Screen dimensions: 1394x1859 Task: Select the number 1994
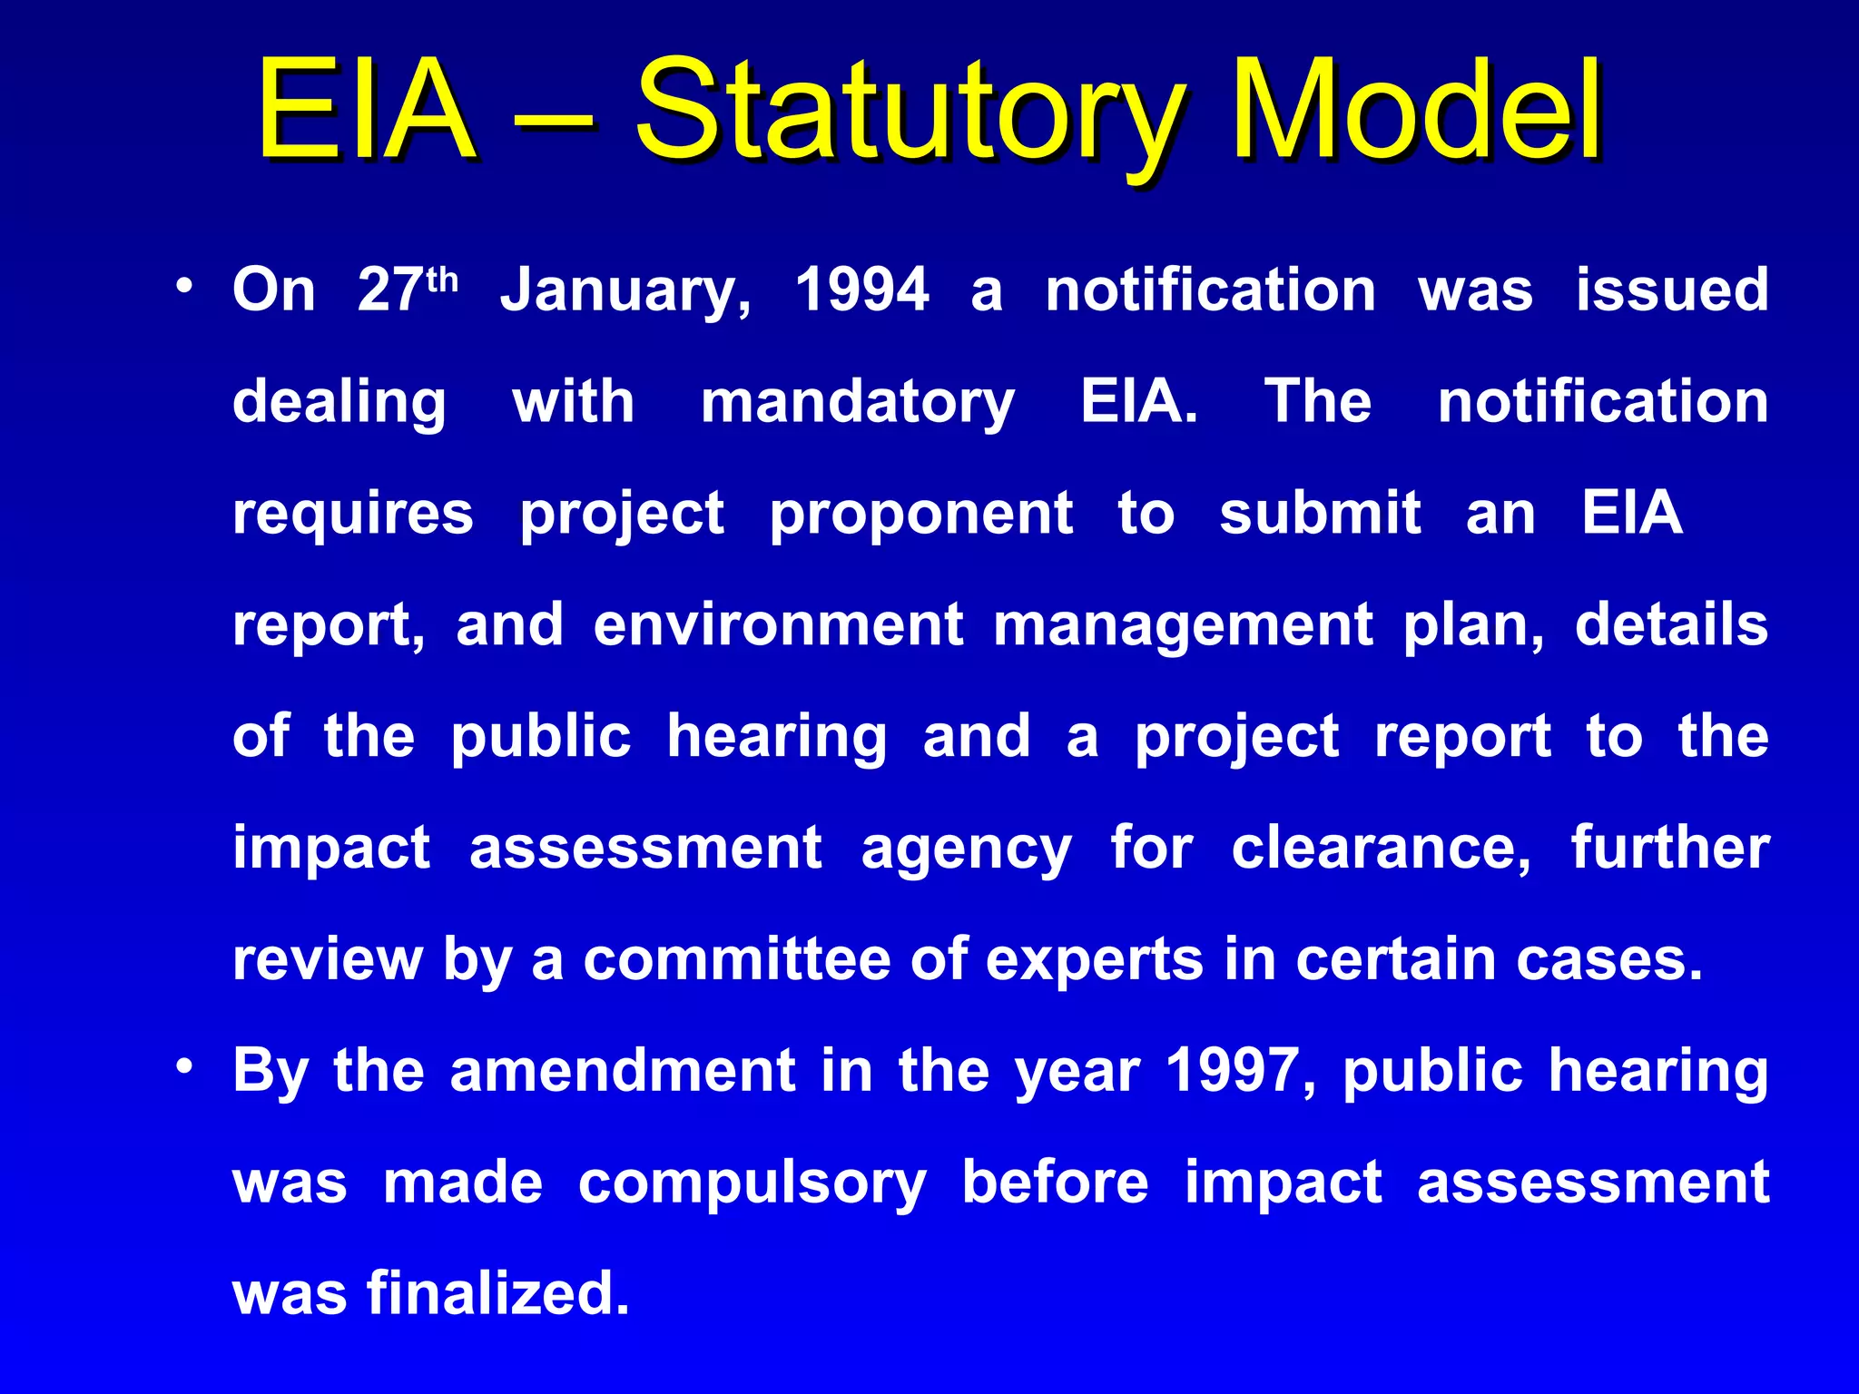862,290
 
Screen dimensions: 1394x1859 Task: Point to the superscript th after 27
442,280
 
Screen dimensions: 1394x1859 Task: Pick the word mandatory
858,403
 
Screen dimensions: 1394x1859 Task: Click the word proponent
921,515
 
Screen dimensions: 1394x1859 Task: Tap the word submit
1320,514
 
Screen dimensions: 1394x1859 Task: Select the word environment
778,625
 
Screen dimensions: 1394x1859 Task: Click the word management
1183,627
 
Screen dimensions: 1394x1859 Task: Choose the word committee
736,959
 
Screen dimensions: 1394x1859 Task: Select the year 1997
1232,1071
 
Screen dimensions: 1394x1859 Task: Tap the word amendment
623,1071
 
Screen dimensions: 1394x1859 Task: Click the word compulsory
752,1184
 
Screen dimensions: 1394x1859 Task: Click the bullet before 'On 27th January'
185,287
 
